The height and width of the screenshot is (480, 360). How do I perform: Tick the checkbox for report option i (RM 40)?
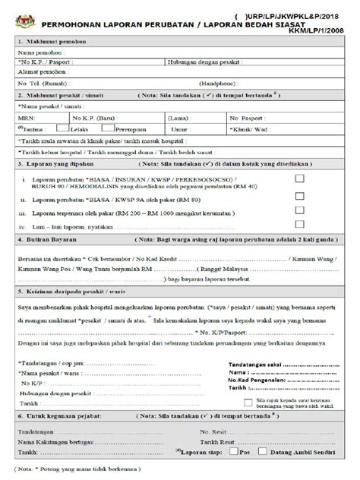click(x=301, y=176)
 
